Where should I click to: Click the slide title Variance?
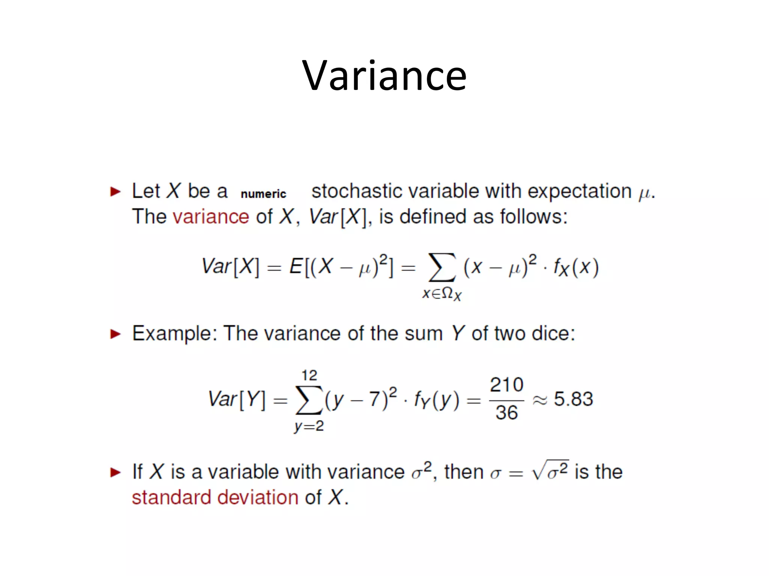point(384,76)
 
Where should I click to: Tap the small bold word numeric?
point(263,194)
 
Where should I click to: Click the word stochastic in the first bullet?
point(357,191)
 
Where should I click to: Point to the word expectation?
point(579,191)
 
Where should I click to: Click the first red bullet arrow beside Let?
point(115,192)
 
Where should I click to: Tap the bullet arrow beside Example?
point(115,334)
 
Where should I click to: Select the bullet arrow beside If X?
point(115,472)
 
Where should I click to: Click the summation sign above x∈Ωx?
point(442,267)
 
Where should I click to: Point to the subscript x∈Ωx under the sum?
point(442,294)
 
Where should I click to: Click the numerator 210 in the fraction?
point(507,385)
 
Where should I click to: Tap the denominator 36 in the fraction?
point(507,413)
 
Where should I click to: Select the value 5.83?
point(573,399)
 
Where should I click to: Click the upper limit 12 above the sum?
point(309,375)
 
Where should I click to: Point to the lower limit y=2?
point(309,426)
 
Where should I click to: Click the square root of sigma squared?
point(550,471)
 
